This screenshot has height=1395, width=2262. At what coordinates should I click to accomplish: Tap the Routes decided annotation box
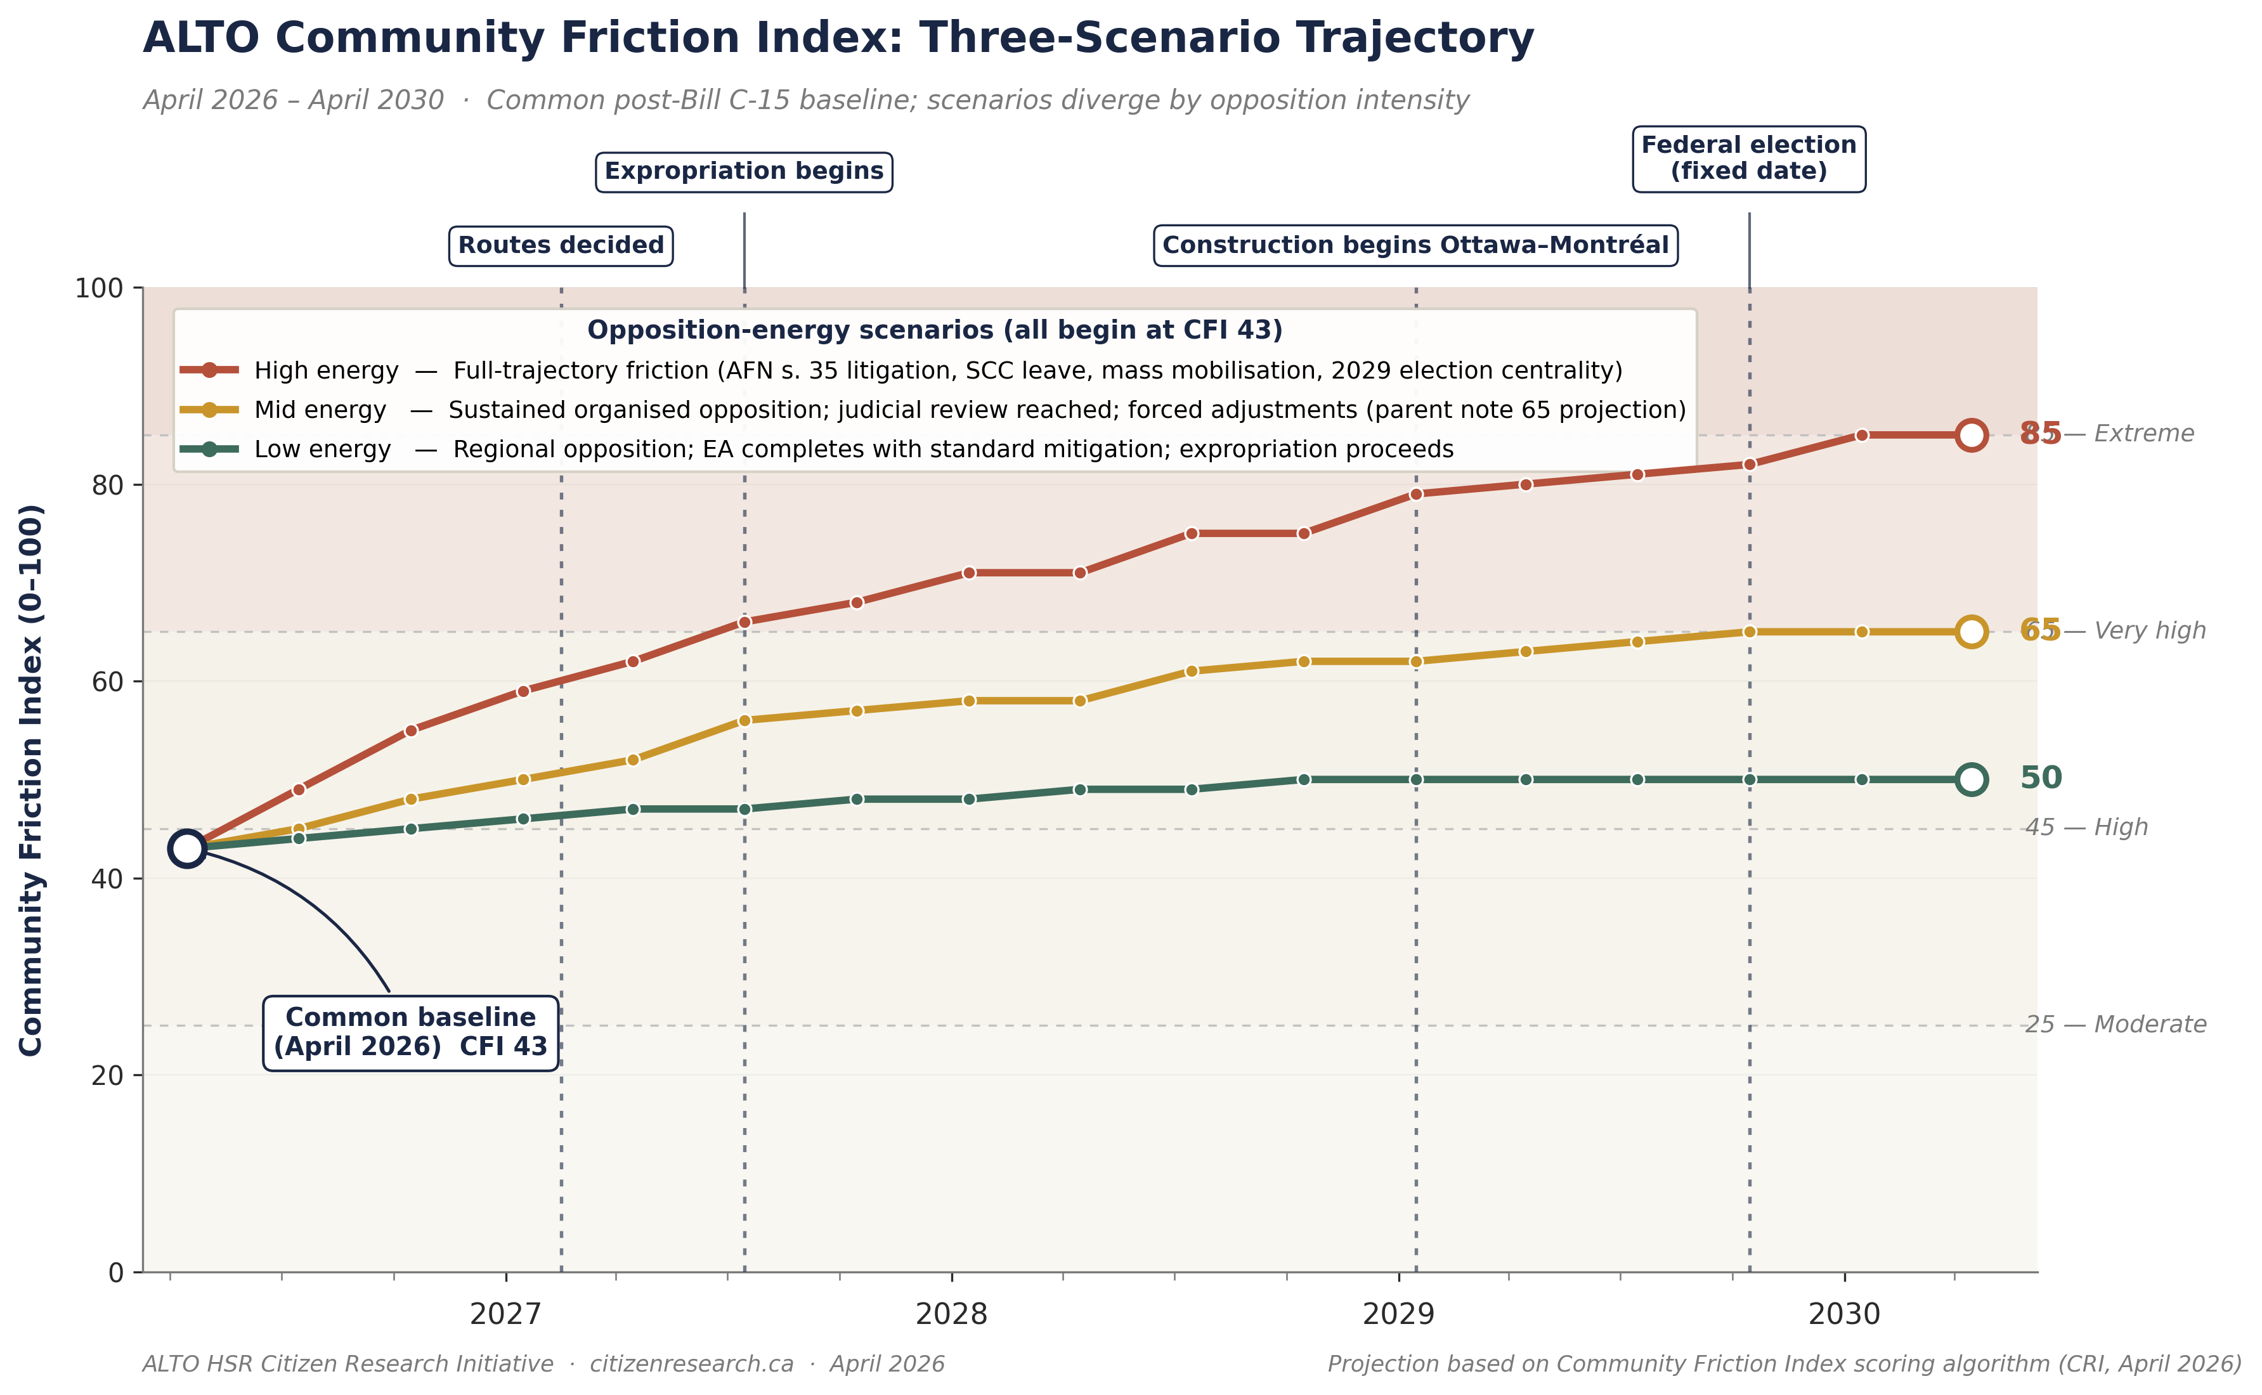tap(560, 245)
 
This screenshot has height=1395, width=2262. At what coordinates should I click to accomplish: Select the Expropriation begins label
tap(744, 172)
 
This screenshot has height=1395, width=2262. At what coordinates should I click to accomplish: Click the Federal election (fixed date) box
tap(1748, 159)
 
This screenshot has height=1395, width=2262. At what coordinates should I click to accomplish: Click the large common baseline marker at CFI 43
tap(187, 848)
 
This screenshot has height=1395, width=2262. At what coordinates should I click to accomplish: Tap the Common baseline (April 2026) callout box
tap(410, 1032)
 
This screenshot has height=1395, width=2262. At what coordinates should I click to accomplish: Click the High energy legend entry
tap(327, 371)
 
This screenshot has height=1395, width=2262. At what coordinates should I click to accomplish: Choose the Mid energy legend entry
tap(320, 410)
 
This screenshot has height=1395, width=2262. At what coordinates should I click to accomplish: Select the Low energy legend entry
tap(322, 450)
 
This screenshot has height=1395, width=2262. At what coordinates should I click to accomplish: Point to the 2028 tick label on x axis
tap(951, 1314)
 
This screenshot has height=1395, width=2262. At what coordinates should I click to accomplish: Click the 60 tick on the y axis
tap(107, 682)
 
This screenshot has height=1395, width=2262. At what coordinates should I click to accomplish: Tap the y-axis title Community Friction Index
tap(31, 779)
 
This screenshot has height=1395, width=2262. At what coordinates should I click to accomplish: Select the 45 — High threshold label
tap(2086, 827)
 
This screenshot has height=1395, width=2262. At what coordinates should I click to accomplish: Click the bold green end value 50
tap(2041, 778)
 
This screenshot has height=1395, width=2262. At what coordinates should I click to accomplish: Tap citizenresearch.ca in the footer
tap(691, 1365)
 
